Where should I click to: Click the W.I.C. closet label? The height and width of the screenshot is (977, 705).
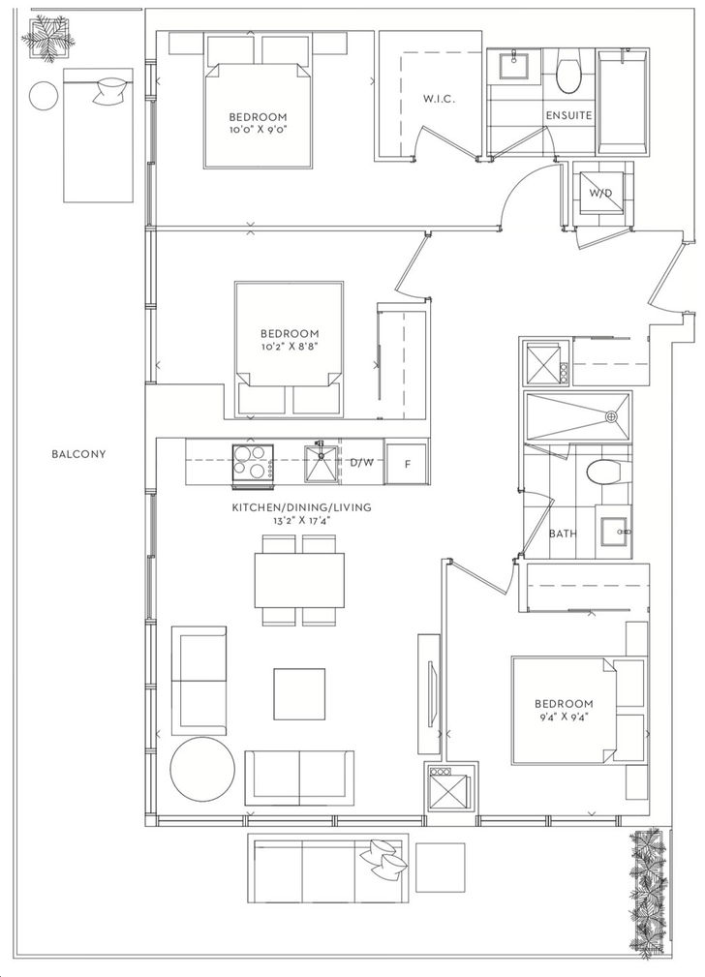tap(439, 99)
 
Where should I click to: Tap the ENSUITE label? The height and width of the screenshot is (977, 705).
tap(568, 115)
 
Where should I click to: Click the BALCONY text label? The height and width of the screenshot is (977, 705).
tap(78, 454)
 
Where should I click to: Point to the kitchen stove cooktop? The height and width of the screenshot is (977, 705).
tap(253, 462)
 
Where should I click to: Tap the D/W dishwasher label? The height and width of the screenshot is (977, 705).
tap(361, 462)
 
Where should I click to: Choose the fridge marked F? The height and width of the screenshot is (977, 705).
tap(407, 463)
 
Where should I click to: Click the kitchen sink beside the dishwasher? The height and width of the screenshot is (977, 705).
tap(321, 463)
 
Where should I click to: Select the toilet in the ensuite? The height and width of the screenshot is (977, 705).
tap(568, 75)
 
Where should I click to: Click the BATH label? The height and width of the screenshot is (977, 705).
tap(563, 534)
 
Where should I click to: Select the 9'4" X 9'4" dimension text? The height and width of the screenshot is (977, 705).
tap(563, 716)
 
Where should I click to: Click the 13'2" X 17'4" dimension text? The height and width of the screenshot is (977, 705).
tap(302, 520)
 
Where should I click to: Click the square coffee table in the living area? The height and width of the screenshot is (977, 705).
tap(299, 693)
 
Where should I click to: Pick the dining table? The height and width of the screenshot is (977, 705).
tap(299, 580)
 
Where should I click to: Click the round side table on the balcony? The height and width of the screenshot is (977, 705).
tap(45, 96)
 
